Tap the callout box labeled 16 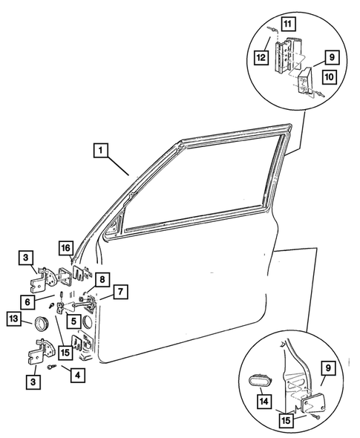66,248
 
